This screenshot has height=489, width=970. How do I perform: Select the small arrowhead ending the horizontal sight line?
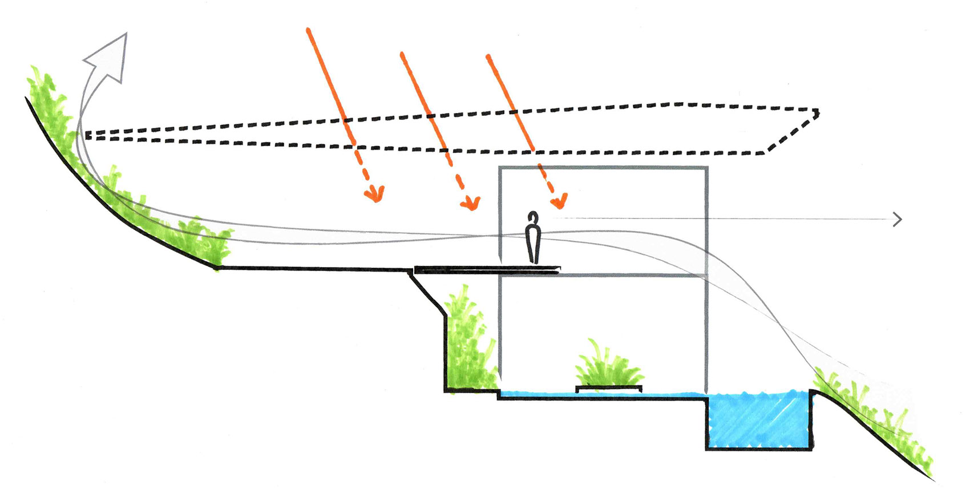(898, 219)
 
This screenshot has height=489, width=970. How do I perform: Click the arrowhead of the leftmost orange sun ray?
(375, 194)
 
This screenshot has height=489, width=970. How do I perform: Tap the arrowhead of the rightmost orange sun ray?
(559, 200)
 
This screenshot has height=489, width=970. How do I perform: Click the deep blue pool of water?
(759, 419)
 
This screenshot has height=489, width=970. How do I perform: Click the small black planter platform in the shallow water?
(608, 389)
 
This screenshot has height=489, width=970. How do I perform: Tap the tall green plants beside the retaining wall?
(468, 342)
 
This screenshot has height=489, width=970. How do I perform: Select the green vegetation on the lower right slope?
(873, 417)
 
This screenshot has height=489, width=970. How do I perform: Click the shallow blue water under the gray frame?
(542, 394)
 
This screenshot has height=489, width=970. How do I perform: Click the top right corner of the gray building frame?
(706, 168)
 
